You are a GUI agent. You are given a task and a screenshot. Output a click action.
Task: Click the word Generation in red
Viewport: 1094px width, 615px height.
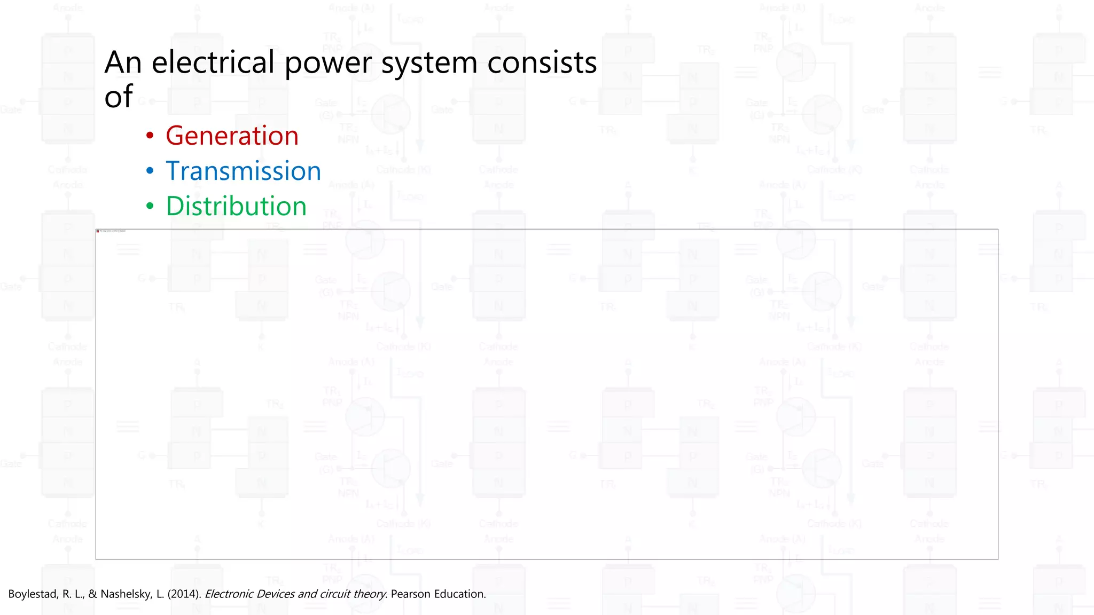[x=232, y=136]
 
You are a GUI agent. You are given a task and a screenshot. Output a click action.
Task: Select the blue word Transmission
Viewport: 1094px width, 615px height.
[x=243, y=171]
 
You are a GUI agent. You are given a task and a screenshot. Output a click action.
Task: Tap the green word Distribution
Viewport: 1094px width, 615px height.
[x=236, y=206]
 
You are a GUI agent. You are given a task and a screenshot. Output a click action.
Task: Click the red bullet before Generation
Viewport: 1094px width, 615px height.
[x=150, y=136]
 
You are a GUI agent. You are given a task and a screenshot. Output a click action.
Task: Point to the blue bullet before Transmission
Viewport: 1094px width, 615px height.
[x=150, y=171]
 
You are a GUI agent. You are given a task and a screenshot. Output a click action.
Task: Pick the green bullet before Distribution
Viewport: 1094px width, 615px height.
[x=150, y=206]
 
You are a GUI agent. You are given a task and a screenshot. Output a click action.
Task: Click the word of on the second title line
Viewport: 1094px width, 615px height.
[x=118, y=97]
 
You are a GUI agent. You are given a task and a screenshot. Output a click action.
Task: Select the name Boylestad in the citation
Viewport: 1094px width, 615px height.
[x=32, y=594]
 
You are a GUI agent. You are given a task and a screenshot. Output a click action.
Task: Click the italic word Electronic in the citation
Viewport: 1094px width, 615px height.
[x=229, y=594]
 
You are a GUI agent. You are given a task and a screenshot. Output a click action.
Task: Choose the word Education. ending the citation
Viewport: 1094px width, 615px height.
[x=460, y=594]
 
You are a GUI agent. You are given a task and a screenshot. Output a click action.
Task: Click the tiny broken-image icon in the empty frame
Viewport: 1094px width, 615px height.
[x=98, y=231]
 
